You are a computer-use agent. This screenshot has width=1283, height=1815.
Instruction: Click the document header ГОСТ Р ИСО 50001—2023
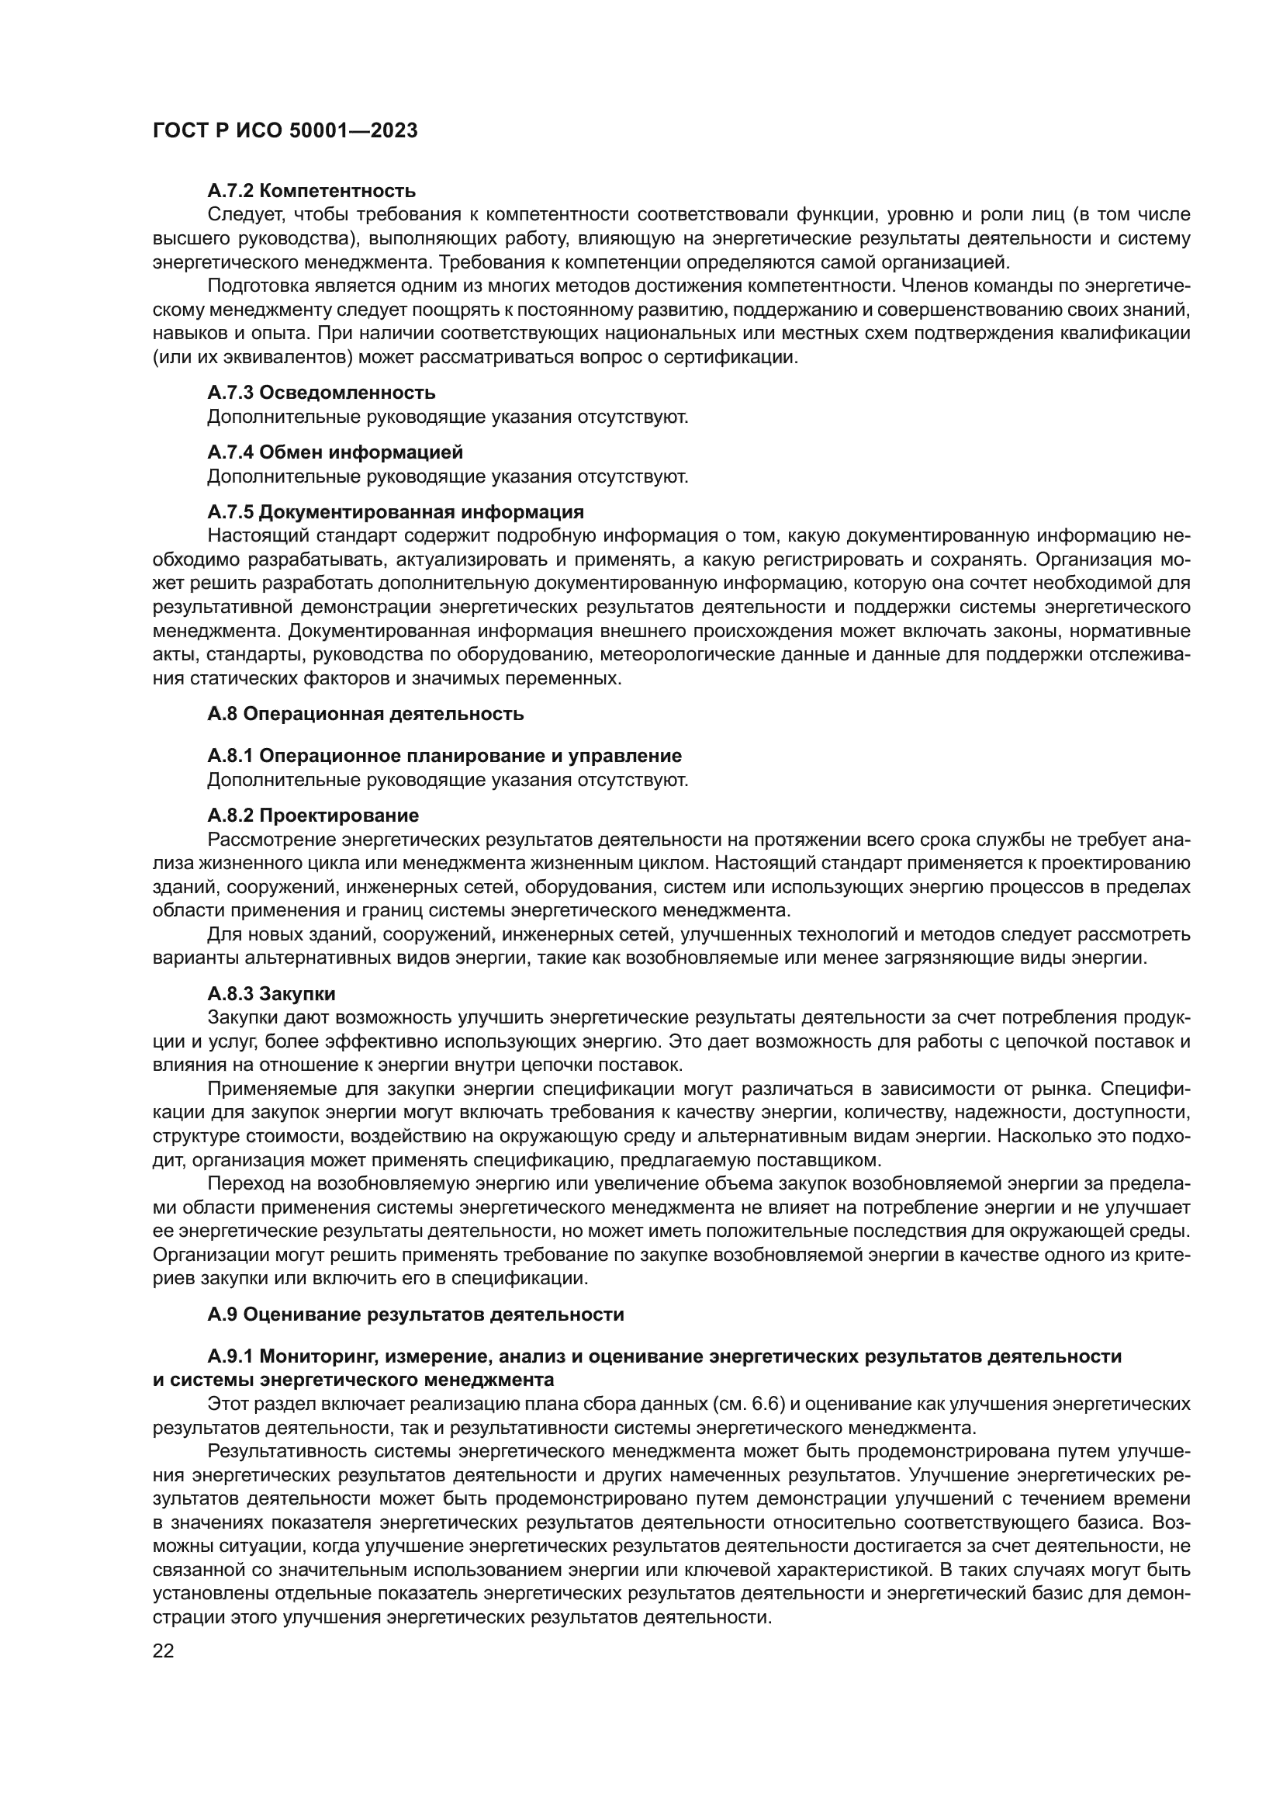285,131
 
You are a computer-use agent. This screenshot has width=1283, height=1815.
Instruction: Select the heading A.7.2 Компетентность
311,191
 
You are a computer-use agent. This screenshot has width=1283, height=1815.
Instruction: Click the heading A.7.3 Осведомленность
322,393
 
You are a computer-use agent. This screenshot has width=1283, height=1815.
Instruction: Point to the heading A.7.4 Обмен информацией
335,452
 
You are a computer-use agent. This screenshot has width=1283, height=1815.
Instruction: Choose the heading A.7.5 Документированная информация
395,511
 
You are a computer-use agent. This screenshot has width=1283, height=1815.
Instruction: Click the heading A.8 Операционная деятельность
365,714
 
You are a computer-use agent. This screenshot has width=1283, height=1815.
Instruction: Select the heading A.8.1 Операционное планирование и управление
444,756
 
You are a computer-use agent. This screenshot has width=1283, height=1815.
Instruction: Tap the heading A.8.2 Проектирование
313,815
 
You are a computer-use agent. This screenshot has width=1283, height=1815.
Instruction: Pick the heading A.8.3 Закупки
271,994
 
